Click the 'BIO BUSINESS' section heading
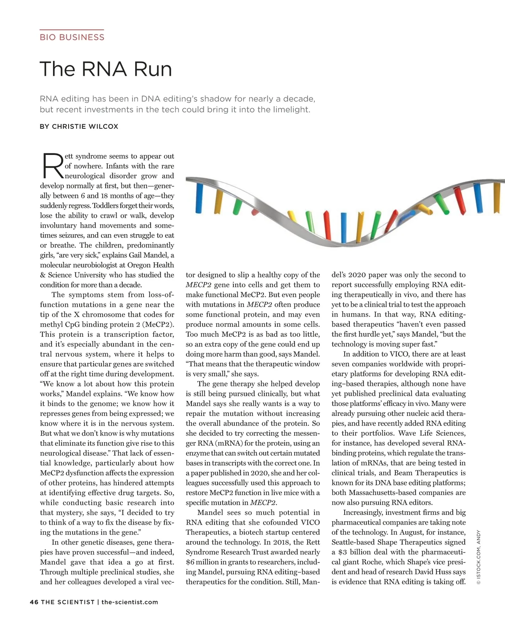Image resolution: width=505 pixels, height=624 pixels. [x=72, y=37]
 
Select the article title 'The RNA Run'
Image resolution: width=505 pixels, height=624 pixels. [x=106, y=69]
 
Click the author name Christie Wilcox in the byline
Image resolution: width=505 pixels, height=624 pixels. [x=85, y=126]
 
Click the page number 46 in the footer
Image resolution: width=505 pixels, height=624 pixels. [x=34, y=602]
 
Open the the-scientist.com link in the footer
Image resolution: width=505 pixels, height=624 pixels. [x=130, y=602]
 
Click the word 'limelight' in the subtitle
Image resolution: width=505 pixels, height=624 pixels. [x=291, y=109]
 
